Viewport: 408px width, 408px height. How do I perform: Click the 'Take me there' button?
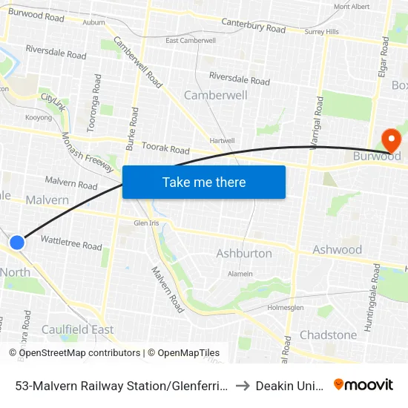click(204, 182)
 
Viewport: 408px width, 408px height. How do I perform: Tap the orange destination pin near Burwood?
click(389, 139)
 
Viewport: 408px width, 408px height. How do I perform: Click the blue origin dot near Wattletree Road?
click(16, 242)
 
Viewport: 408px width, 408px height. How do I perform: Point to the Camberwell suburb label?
click(215, 96)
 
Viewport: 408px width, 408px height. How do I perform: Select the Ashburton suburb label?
click(244, 254)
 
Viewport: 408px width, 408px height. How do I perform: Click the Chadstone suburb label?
click(328, 335)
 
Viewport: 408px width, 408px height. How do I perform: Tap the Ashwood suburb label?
click(337, 250)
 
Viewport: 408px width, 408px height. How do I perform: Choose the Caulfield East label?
click(77, 329)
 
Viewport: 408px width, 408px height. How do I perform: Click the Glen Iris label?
click(147, 223)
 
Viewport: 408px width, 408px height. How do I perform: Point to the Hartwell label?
click(222, 140)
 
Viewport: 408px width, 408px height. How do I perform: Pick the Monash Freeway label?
click(88, 152)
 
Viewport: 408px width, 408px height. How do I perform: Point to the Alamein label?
click(240, 274)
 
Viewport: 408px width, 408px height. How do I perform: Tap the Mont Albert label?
click(352, 7)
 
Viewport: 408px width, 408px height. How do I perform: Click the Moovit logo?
click(363, 384)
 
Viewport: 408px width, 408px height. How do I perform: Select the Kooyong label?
click(39, 117)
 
